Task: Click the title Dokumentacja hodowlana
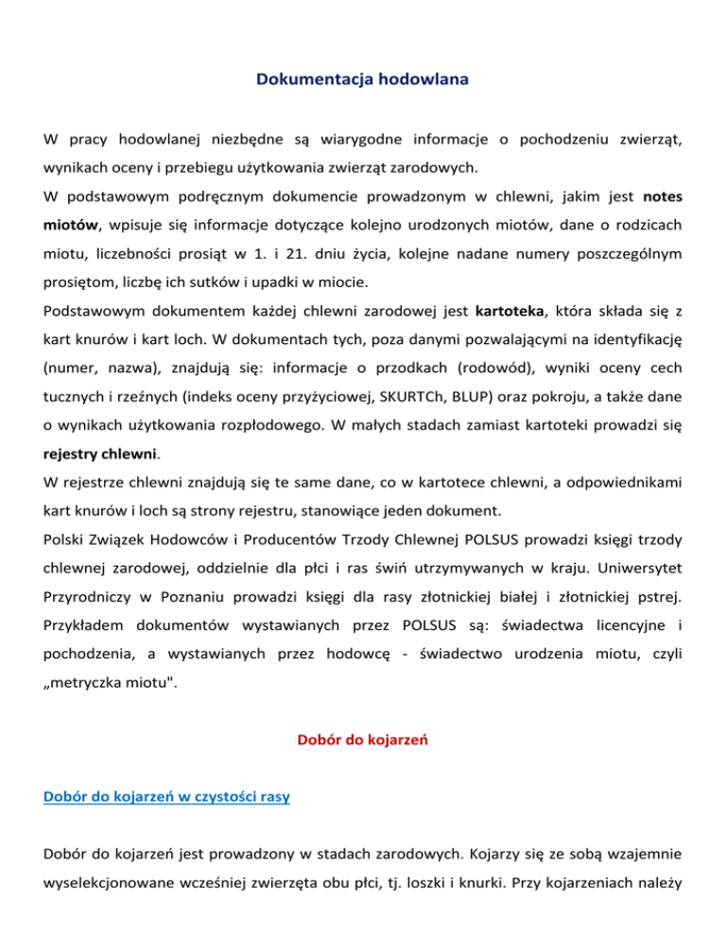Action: pos(363,80)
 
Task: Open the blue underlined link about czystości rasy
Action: pos(166,796)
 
